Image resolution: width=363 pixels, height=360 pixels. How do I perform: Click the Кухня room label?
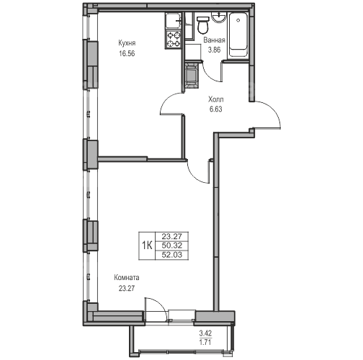click(127, 43)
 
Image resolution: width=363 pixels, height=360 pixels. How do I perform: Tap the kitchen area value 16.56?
click(127, 53)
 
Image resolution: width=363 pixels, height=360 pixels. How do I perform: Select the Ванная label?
click(214, 40)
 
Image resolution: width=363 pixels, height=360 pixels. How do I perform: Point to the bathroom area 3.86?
click(214, 50)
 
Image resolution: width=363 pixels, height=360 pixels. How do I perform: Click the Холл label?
click(216, 99)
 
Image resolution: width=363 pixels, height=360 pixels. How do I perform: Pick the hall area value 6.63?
click(216, 109)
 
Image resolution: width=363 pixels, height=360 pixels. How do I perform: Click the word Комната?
click(127, 278)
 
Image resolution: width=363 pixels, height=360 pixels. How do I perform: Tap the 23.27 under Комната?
click(127, 288)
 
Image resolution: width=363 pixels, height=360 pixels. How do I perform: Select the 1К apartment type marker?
click(147, 246)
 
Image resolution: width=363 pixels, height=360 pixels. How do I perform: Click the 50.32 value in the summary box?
click(172, 246)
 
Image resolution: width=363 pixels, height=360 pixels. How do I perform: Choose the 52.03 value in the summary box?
click(172, 255)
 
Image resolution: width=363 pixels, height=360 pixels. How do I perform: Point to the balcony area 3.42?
click(205, 333)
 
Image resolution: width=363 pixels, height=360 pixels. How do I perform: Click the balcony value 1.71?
click(205, 342)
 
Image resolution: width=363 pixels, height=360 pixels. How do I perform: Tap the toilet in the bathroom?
click(202, 24)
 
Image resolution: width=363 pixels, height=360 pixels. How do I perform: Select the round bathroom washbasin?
click(218, 17)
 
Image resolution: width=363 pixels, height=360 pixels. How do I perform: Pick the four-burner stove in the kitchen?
click(174, 40)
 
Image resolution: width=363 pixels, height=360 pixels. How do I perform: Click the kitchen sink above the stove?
click(174, 22)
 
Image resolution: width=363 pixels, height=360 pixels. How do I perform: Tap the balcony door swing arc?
click(158, 304)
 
